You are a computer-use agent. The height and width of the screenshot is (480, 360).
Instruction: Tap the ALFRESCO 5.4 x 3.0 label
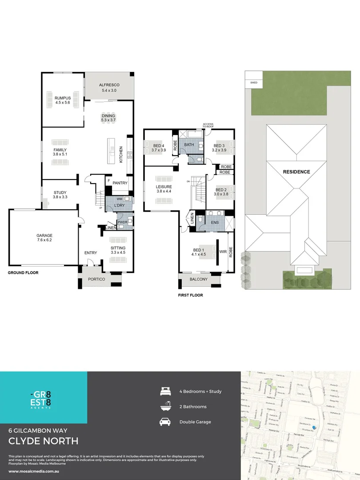click(x=109, y=88)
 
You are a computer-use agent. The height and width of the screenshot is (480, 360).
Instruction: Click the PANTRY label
click(x=120, y=183)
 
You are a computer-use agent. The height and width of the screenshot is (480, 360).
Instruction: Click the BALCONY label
click(x=199, y=279)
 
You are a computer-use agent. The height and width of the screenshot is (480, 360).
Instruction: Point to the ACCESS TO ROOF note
click(x=208, y=125)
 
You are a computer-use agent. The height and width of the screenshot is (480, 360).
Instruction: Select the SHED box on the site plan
click(x=254, y=83)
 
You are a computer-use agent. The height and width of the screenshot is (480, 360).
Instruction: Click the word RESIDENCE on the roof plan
click(x=296, y=172)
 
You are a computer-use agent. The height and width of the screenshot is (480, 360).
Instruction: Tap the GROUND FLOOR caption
click(x=23, y=272)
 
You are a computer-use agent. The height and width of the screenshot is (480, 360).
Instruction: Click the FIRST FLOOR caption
click(x=190, y=295)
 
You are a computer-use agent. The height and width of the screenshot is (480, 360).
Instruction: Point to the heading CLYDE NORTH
click(x=44, y=441)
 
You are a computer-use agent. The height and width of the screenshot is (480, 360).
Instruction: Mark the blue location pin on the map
click(x=314, y=428)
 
